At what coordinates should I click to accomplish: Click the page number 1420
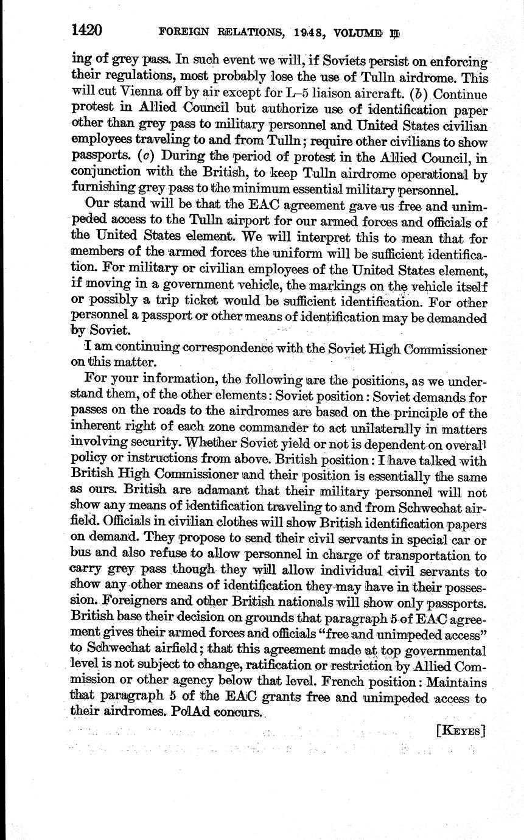tap(86, 29)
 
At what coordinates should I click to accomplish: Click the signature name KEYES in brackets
tap(461, 730)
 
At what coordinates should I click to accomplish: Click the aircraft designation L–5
tap(293, 94)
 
